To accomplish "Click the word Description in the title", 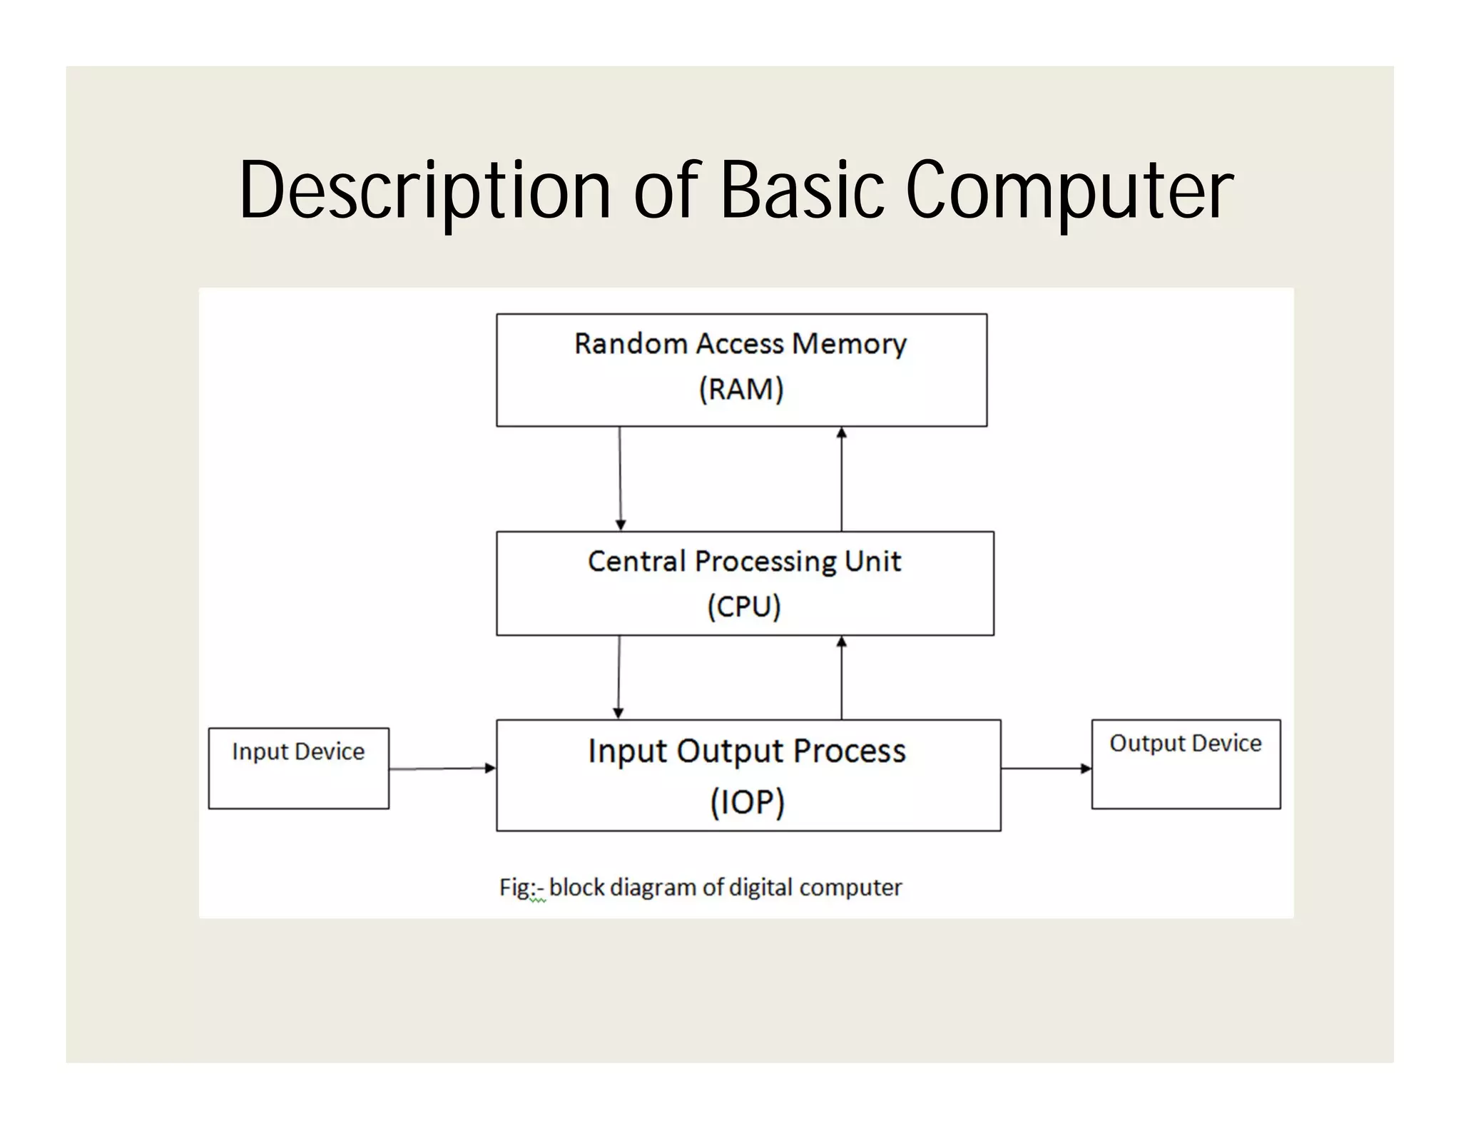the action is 424,191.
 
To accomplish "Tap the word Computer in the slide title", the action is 1069,191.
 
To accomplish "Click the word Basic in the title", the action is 802,190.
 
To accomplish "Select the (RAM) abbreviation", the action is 741,390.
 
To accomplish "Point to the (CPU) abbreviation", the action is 743,607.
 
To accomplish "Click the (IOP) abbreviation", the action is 747,801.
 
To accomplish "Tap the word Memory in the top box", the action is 849,344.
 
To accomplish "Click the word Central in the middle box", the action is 636,562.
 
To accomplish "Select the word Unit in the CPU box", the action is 872,562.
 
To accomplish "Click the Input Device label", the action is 298,752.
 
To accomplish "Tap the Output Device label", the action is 1185,744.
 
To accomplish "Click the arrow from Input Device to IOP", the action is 442,769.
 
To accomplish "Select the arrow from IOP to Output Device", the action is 1046,769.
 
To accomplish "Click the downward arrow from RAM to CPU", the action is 620,478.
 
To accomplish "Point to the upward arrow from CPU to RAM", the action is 841,478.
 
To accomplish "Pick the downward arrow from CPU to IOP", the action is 618,677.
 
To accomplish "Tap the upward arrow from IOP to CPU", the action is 841,677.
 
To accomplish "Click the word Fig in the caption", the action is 514,888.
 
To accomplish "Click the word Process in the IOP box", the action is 849,751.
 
